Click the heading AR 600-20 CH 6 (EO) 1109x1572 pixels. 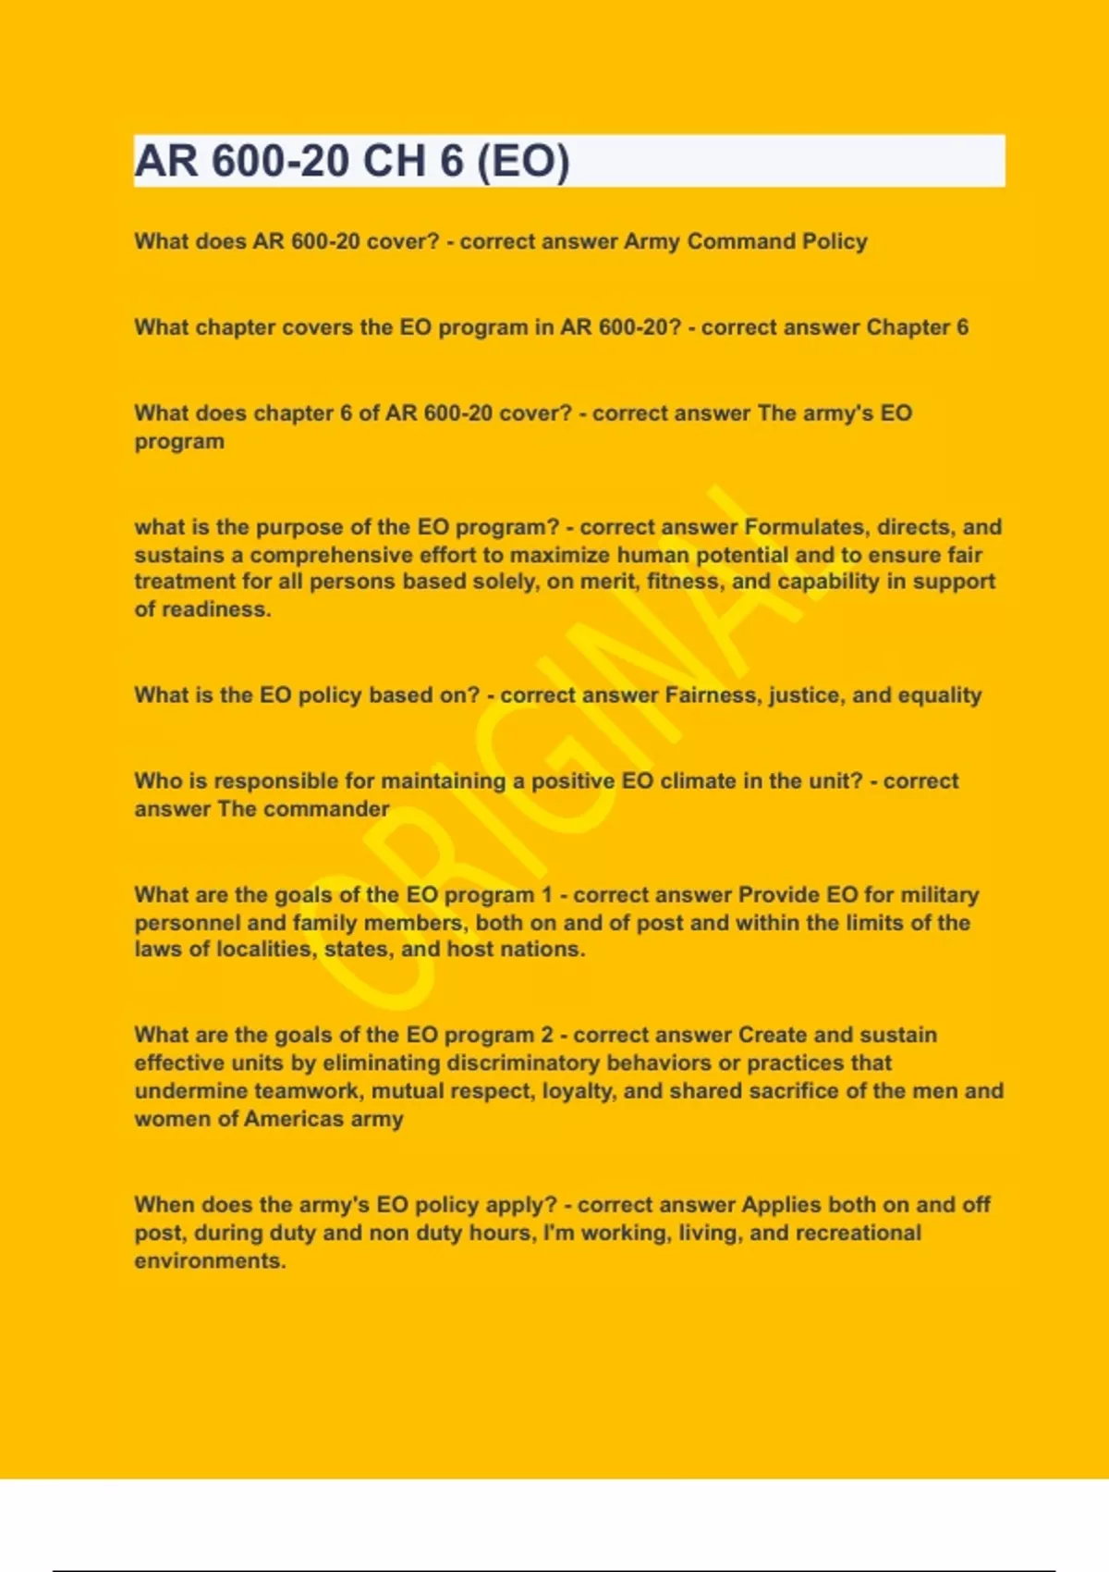point(352,161)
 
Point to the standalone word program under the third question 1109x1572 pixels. point(179,441)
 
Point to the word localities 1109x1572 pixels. point(265,950)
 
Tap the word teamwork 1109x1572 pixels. point(308,1091)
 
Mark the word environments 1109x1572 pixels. point(210,1261)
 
